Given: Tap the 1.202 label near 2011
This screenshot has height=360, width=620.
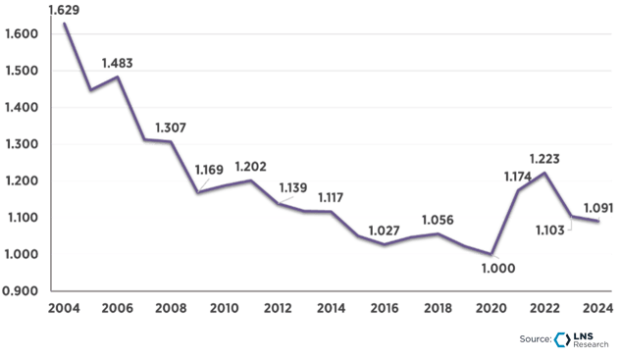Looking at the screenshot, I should (249, 166).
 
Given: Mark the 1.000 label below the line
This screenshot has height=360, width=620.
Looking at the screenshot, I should (498, 267).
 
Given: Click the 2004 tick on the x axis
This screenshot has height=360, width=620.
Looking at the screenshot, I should (65, 307).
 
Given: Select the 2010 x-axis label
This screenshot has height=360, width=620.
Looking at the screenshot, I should (225, 307).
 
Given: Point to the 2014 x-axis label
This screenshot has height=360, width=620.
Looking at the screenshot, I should (331, 307).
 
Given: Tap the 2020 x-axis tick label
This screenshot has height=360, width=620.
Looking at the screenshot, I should (491, 307).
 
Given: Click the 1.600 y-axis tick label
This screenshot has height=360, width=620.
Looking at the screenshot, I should (21, 33).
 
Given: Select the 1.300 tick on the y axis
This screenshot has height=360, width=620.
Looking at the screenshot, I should (21, 143).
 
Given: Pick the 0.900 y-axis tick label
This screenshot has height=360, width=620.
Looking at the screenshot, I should (21, 290).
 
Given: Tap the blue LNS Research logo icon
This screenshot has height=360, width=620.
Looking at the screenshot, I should (561, 338).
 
